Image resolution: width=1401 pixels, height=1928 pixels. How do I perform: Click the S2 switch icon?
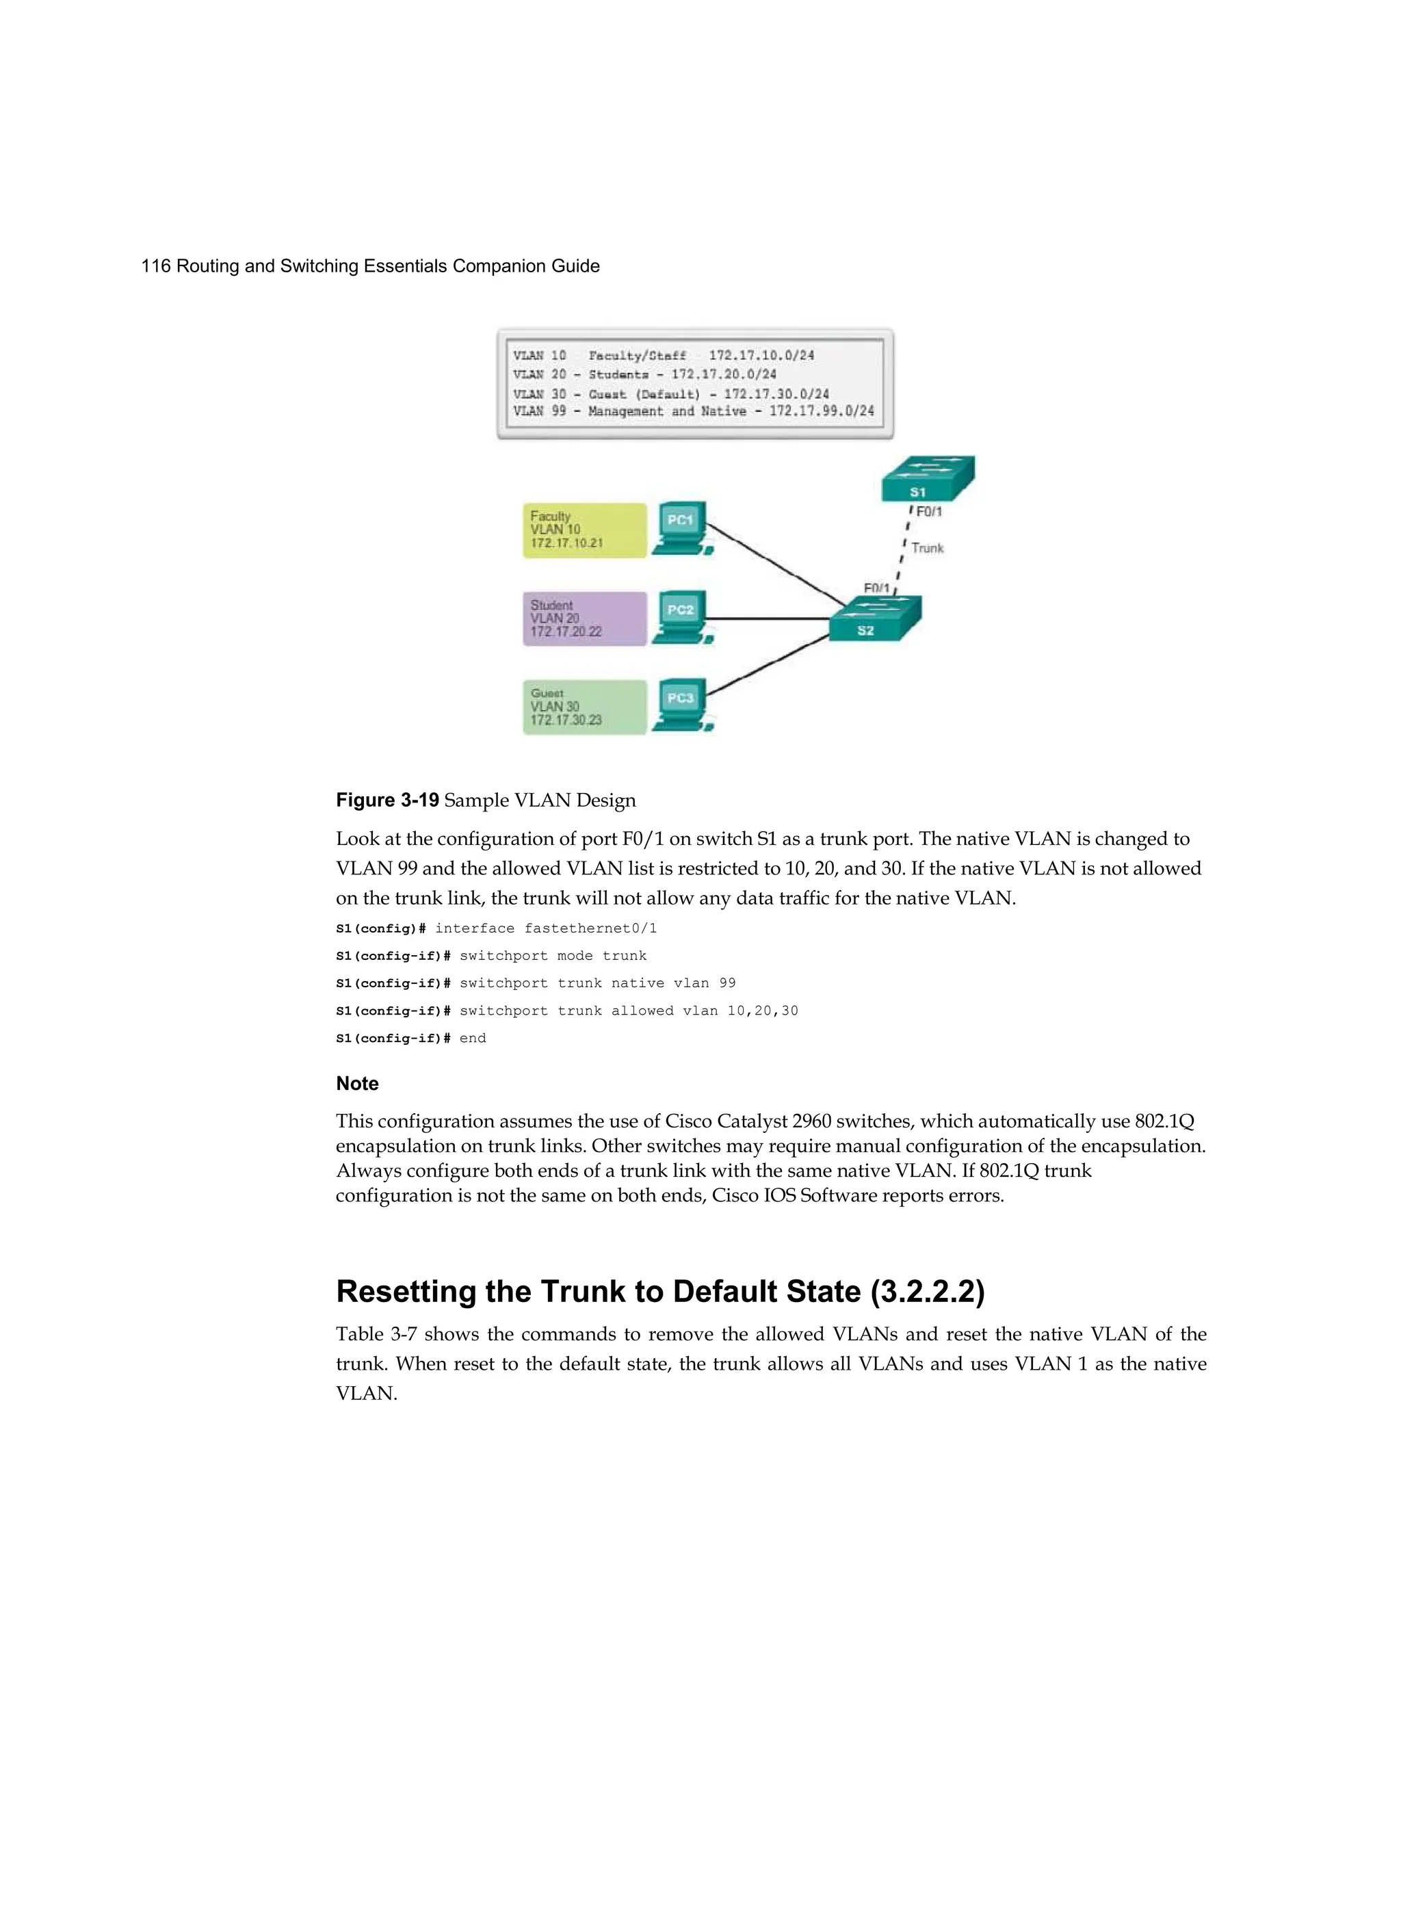coord(875,619)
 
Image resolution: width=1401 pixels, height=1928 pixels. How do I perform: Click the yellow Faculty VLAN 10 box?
coord(584,530)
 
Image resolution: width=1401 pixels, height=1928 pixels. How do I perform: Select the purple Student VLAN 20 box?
coord(584,619)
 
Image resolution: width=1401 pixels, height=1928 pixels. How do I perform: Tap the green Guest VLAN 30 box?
coord(584,707)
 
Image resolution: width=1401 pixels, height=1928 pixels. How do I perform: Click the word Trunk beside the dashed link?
coord(928,548)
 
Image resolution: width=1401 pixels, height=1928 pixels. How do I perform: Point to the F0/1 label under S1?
coord(928,512)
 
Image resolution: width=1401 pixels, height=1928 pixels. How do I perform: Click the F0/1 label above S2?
coord(876,588)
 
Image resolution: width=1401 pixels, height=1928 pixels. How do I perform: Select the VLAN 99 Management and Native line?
coord(693,411)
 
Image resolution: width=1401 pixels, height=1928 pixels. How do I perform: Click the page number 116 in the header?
coord(155,266)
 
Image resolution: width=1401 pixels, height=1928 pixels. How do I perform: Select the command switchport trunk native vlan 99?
coord(597,984)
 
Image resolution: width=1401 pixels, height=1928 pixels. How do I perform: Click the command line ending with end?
coord(410,1039)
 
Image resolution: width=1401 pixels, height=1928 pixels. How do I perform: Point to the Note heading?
coord(357,1084)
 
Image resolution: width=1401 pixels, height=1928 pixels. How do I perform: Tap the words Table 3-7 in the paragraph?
coord(376,1335)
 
